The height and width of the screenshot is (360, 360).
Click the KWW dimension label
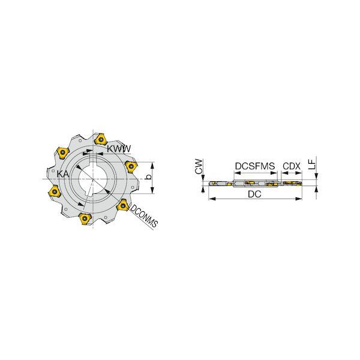tap(119, 149)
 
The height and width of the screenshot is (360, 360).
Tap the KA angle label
tap(62, 174)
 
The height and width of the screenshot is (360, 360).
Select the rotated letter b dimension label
tap(149, 177)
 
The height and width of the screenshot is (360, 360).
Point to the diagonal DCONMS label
tap(144, 215)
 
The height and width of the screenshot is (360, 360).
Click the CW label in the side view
tap(199, 166)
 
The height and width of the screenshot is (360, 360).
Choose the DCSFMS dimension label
tap(255, 166)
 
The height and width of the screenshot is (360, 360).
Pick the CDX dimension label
tap(292, 166)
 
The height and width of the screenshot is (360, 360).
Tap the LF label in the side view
tap(312, 164)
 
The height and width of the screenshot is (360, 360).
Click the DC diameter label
tap(254, 194)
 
